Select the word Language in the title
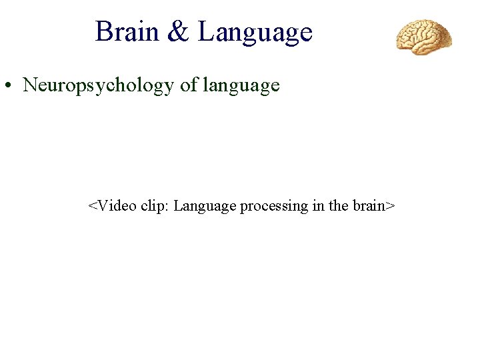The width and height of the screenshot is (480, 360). click(255, 33)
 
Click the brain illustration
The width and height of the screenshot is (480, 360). click(424, 37)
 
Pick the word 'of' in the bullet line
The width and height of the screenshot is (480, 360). click(189, 86)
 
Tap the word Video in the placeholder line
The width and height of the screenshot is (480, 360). click(117, 205)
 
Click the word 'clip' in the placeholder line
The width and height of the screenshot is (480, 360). click(153, 205)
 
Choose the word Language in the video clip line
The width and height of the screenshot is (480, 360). click(205, 206)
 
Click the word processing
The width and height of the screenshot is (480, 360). click(273, 206)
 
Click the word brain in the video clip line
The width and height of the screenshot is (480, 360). click(369, 205)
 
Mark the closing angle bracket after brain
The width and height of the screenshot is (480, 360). click(391, 206)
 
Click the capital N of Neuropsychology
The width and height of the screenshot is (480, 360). click(31, 85)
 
